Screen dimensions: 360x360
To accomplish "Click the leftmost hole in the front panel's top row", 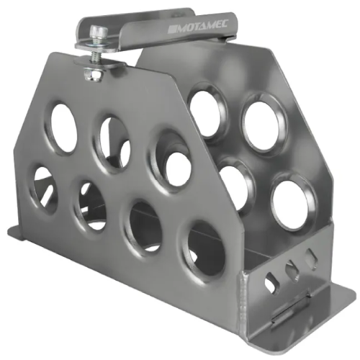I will tap(63, 128).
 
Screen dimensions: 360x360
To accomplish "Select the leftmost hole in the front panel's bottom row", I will tap(45, 189).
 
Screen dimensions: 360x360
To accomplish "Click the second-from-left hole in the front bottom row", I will tap(91, 205).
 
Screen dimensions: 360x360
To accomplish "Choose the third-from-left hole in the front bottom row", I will tap(145, 227).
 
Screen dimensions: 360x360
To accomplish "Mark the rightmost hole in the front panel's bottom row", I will tap(205, 248).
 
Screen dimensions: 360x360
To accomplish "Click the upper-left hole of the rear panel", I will tap(208, 112).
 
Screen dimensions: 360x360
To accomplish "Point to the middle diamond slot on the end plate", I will tap(292, 271).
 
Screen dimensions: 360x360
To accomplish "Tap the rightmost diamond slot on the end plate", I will tap(311, 259).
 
